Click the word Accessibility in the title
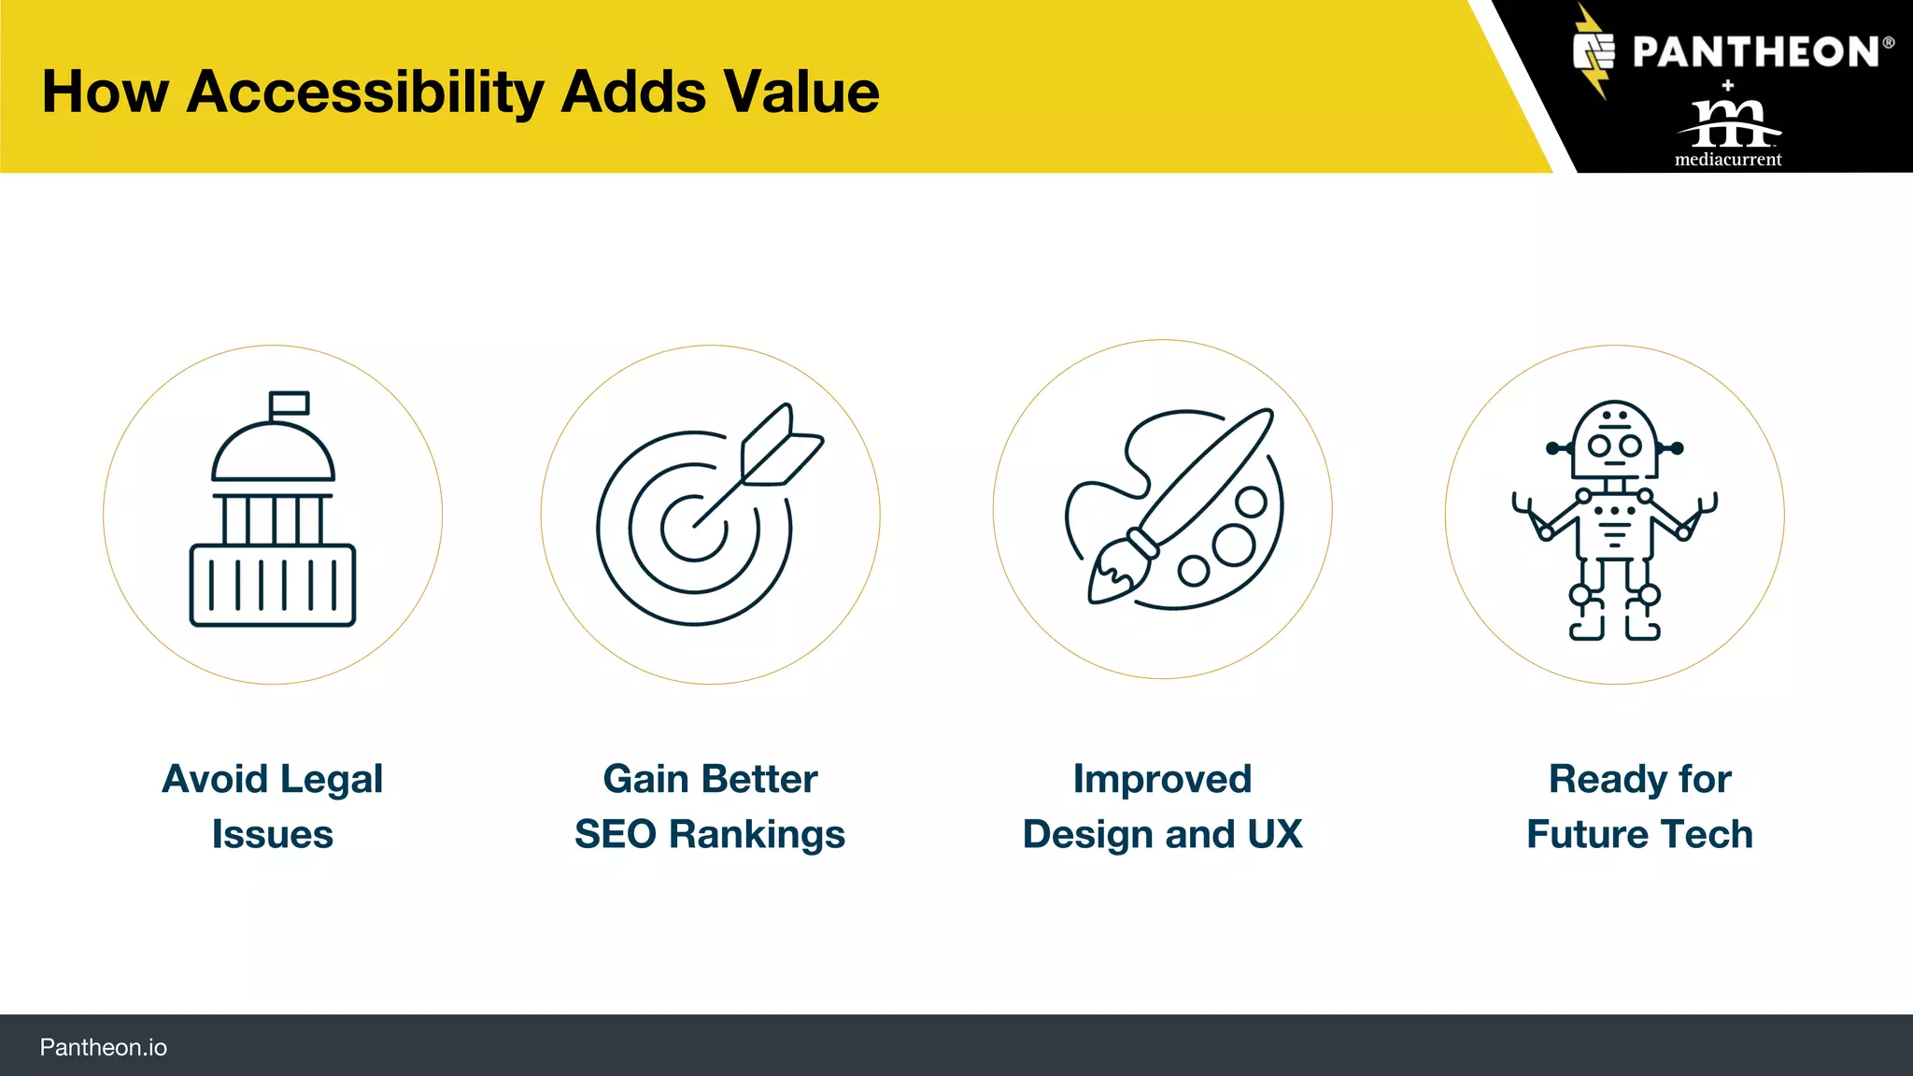365,92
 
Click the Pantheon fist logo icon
1594,52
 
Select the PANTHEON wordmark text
1756,52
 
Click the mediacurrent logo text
1728,159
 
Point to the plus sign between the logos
1728,85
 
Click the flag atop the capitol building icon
290,403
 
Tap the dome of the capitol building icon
273,453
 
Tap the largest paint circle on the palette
1233,545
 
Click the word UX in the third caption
1274,834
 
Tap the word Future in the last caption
1580,834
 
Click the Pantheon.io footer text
104,1047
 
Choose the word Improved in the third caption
1162,779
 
